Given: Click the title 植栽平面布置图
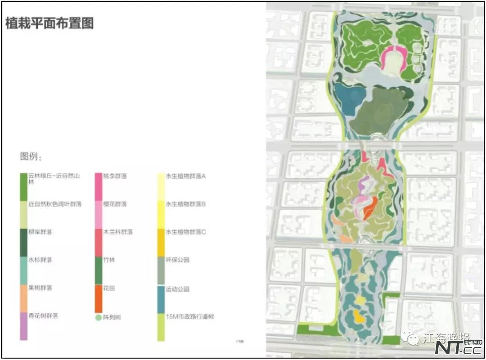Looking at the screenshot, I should [x=49, y=23].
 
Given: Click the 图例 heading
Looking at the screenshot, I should [x=31, y=157].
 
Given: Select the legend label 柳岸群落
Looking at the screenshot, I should [x=40, y=232].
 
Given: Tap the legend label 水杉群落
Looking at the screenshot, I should [x=40, y=260].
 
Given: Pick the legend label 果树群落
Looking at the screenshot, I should [x=40, y=288].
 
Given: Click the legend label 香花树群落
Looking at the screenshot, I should [x=43, y=316].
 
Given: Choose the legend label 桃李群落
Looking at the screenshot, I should [x=115, y=176].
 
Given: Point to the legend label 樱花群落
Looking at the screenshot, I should [x=115, y=204].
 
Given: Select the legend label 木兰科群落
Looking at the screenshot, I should [x=118, y=232].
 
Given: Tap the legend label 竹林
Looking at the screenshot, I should [x=109, y=260].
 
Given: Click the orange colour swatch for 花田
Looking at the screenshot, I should [x=99, y=298].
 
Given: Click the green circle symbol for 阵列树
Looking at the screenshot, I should [x=98, y=318].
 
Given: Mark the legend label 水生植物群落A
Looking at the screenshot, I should [x=186, y=176].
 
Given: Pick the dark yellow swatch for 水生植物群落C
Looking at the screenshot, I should [x=161, y=242].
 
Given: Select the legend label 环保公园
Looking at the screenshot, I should [x=178, y=260].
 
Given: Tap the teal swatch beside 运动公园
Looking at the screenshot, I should [x=161, y=298].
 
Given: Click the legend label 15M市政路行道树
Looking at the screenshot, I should [x=190, y=317].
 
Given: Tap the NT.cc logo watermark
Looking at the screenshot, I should [x=459, y=348].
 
